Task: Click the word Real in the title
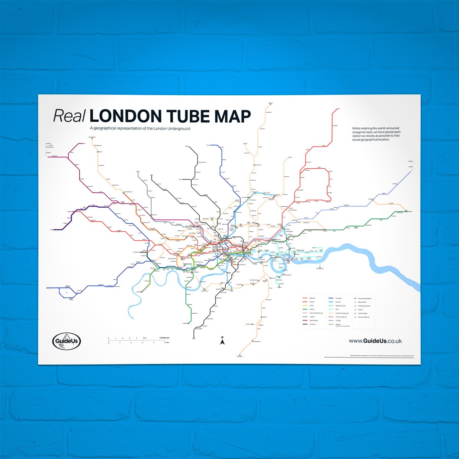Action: click(x=69, y=116)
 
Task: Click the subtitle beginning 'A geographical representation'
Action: click(x=140, y=129)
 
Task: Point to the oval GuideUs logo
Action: click(x=67, y=341)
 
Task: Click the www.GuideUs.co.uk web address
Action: click(x=375, y=341)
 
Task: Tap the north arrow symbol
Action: click(x=222, y=341)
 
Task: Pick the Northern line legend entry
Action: click(x=309, y=324)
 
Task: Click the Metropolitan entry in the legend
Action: click(x=310, y=321)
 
